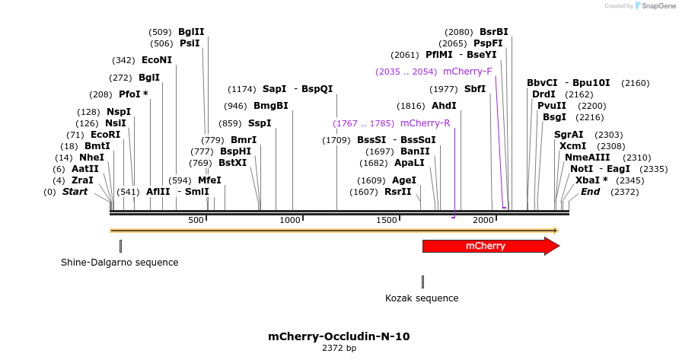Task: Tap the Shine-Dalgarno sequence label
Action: click(120, 263)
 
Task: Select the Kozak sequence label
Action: click(422, 298)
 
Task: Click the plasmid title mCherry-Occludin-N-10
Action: click(339, 336)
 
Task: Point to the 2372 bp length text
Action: click(339, 349)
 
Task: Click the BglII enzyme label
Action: click(191, 32)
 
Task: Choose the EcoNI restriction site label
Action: click(157, 60)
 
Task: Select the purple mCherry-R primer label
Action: click(425, 123)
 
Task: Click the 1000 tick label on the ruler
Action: click(291, 220)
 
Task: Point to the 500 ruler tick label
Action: click(196, 220)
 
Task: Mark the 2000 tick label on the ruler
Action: click(483, 220)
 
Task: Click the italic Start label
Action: click(75, 192)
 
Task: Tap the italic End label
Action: click(590, 192)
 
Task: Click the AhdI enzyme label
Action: click(444, 106)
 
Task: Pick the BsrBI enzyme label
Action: click(493, 32)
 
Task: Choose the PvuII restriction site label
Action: click(552, 106)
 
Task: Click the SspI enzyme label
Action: click(260, 123)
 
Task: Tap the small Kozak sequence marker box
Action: click(422, 282)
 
